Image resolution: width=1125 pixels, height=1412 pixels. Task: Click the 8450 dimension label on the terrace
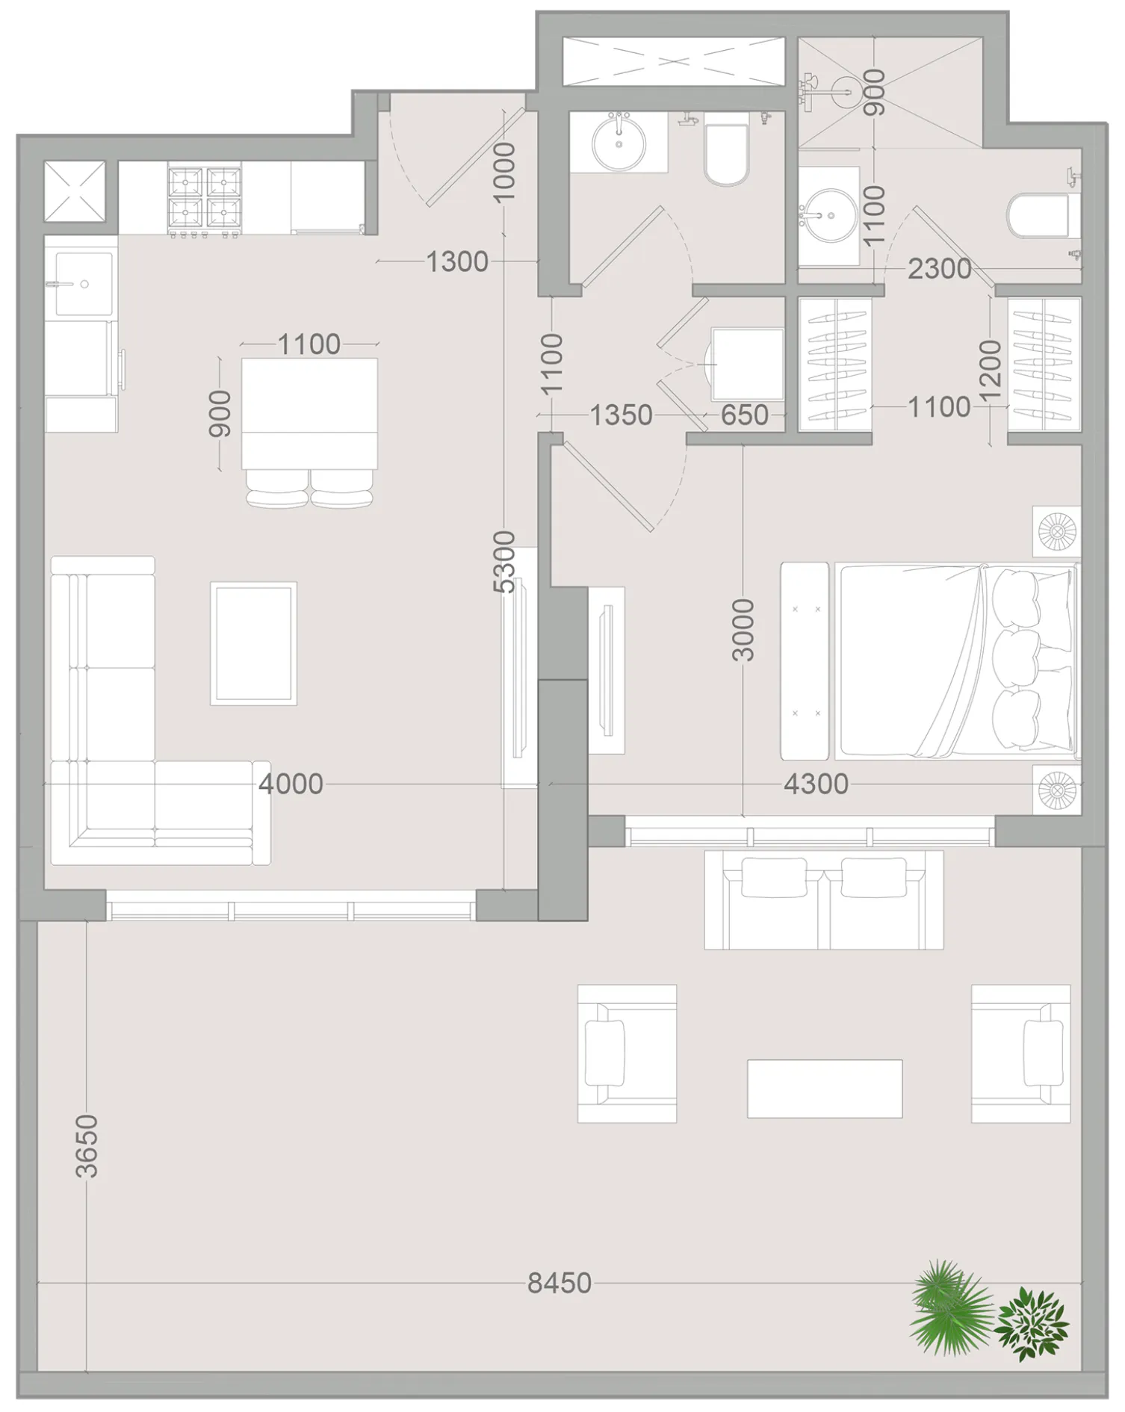(559, 1284)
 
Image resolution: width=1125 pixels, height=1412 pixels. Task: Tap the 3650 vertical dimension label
(87, 1147)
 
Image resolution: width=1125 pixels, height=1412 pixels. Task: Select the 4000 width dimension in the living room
(291, 784)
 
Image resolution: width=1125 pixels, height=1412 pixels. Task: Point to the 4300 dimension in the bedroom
(816, 784)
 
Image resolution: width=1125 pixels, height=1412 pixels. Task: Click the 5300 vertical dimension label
(506, 562)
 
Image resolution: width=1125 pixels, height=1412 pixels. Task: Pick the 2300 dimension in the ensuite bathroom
(939, 269)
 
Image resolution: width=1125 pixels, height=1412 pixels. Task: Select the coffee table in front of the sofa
(254, 643)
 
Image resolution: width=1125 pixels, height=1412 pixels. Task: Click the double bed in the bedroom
(956, 661)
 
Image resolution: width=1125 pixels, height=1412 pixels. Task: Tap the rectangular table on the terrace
(824, 1089)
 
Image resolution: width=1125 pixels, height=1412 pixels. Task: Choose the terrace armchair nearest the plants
(1020, 1053)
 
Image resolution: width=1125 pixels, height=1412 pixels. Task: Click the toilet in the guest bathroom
(727, 154)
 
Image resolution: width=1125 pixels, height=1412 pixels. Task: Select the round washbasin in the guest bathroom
(619, 145)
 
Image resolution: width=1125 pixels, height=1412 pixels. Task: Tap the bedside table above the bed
(1057, 532)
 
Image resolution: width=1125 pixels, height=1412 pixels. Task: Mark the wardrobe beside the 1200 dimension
(1044, 365)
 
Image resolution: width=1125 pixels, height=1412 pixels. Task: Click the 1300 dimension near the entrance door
(456, 262)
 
